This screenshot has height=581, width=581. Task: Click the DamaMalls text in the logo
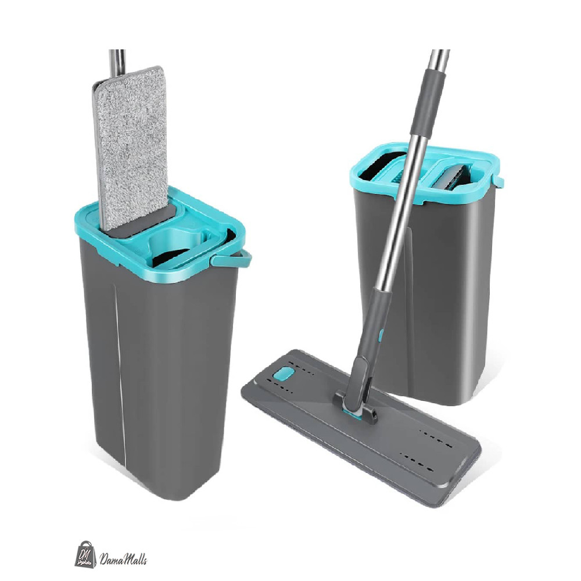[123, 558]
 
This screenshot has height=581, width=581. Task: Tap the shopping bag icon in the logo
[85, 554]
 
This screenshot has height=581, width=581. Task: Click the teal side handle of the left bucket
[231, 259]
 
